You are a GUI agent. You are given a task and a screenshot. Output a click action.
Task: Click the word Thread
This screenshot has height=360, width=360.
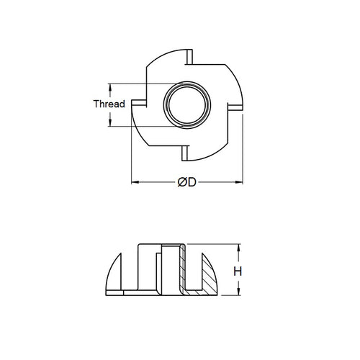(109, 104)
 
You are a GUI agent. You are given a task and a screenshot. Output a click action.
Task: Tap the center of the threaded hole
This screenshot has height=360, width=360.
(186, 104)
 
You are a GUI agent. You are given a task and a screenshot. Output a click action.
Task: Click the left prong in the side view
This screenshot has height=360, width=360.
(116, 277)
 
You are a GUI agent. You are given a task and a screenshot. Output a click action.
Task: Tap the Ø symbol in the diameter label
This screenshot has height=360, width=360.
(182, 183)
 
